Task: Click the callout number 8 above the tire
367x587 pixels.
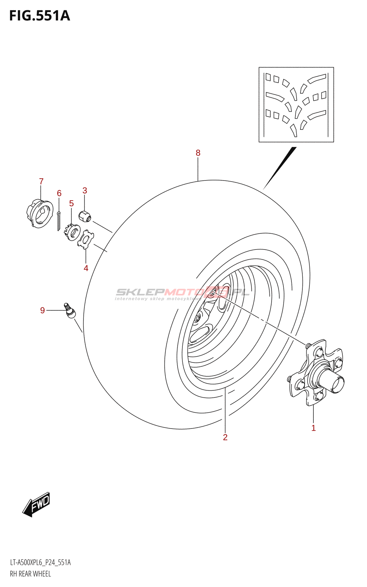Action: (x=198, y=153)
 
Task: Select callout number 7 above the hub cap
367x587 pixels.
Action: (x=41, y=181)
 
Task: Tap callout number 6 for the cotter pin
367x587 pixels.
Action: (x=59, y=193)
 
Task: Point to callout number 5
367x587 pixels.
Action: (x=72, y=203)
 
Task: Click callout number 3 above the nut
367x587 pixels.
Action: (x=85, y=190)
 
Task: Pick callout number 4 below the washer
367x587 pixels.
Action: (x=86, y=268)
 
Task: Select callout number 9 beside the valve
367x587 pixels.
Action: (x=43, y=310)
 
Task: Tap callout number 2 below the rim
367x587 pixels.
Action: (x=225, y=437)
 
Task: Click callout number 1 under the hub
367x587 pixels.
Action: (x=313, y=428)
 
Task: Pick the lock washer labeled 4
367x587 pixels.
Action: (x=86, y=239)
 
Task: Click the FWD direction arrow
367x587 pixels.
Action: (x=36, y=504)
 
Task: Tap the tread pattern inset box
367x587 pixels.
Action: (x=296, y=105)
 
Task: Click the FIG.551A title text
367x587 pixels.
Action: (x=40, y=16)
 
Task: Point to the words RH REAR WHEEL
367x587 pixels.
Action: (x=30, y=574)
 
